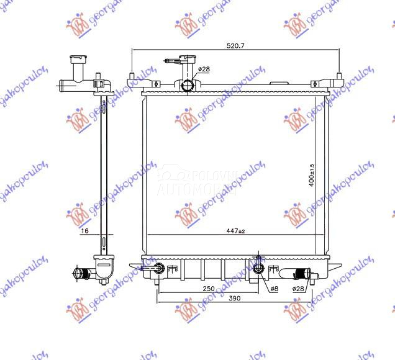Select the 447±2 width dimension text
tap(235, 231)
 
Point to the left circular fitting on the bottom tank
tap(159, 268)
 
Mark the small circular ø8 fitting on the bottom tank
tap(259, 269)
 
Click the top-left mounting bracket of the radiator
tap(133, 80)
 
